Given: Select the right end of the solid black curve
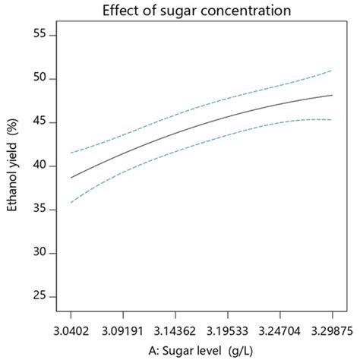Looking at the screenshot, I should click(x=332, y=95).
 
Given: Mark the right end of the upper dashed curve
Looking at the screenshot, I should click(x=332, y=71).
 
